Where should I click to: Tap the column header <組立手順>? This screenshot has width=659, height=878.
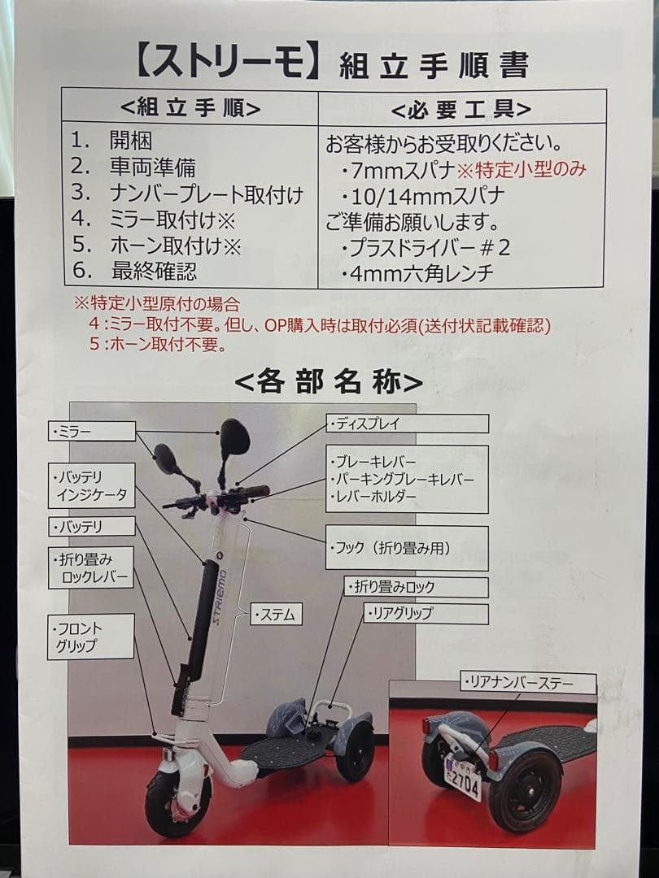tap(190, 108)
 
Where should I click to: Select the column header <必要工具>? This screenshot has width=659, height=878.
tap(460, 108)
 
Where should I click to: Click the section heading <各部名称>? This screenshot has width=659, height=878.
tap(329, 381)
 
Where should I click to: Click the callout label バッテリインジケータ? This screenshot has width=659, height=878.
tap(90, 485)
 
